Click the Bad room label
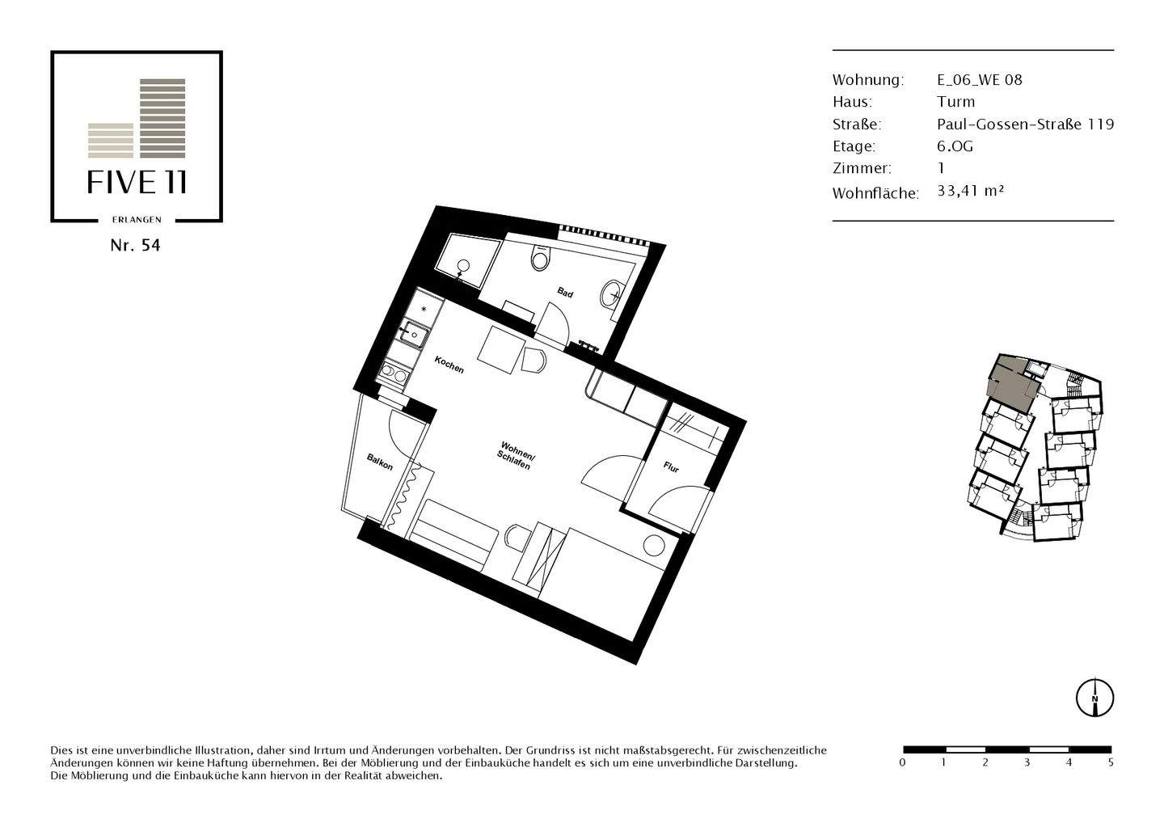(565, 292)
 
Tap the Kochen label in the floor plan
(449, 365)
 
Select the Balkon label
(379, 462)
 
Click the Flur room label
(671, 467)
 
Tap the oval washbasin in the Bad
(613, 293)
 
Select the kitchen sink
(414, 333)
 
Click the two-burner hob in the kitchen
(394, 374)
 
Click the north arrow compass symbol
(1094, 697)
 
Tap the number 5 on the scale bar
(1111, 762)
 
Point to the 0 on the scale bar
(902, 762)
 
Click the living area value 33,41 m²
(970, 191)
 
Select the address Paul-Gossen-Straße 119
(1025, 124)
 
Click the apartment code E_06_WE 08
(979, 79)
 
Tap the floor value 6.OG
(955, 146)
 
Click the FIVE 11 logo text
(137, 183)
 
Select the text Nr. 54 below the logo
(135, 246)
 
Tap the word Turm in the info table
(955, 102)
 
